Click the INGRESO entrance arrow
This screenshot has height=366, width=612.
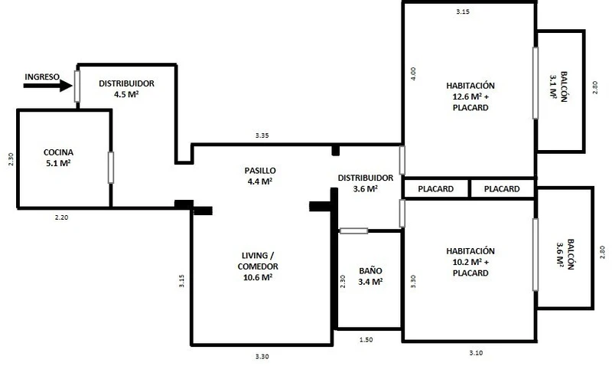point(48,86)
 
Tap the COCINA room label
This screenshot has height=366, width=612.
point(59,158)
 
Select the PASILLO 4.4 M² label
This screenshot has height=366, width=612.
point(260,176)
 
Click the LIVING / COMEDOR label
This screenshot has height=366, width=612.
point(258,266)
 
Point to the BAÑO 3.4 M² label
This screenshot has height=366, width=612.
point(370,276)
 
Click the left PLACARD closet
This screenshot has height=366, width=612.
point(435,189)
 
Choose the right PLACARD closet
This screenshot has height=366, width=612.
point(502,189)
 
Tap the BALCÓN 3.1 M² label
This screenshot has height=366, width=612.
point(558,87)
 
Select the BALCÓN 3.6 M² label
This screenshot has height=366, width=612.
point(565,254)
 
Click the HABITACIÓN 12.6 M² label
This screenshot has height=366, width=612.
point(470,96)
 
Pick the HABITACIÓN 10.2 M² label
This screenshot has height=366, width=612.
point(470,262)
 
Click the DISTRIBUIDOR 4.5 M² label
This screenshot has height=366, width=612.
point(126,89)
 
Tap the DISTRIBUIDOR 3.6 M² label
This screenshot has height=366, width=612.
point(366,183)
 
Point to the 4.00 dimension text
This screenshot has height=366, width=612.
point(413,74)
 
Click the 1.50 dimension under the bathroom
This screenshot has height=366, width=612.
point(366,340)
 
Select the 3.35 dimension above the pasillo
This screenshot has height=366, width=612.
point(262,136)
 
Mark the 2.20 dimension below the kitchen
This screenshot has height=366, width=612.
point(62,217)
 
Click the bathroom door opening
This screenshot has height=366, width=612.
point(353,230)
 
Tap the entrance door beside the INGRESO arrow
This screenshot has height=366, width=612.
point(77,87)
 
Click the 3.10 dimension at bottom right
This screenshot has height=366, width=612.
point(476,353)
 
